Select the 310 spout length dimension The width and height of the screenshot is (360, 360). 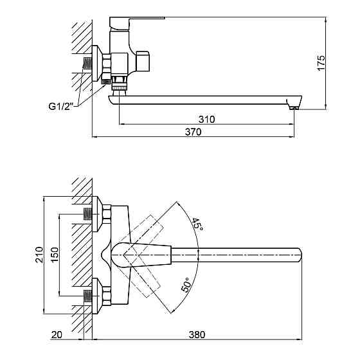click(206, 120)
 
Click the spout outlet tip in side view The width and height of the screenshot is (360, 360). click(294, 104)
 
